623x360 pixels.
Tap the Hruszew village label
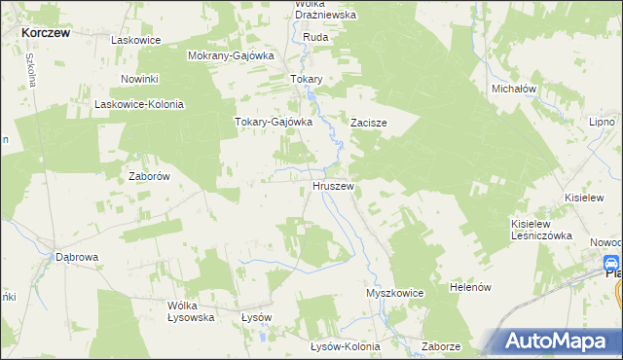coord(333,185)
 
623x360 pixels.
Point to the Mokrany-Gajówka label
coord(231,55)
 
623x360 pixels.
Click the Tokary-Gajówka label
coord(273,123)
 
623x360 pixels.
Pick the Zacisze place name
coord(370,124)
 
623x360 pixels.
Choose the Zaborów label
coord(150,177)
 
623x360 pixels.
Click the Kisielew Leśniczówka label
coord(538,230)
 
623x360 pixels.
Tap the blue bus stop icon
coord(611,263)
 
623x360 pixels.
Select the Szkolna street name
coord(31,70)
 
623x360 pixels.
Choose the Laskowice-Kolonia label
coord(138,104)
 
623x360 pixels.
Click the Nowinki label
coord(139,78)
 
